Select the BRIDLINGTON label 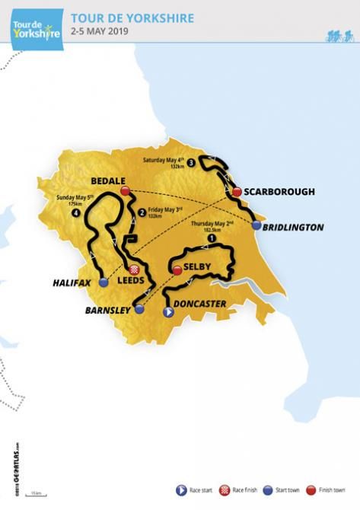click(x=298, y=227)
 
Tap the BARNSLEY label click(x=105, y=311)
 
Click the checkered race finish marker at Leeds click(x=136, y=269)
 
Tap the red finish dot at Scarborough click(x=237, y=192)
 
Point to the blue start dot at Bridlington click(x=256, y=226)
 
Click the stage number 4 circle click(x=75, y=213)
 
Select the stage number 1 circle click(x=211, y=237)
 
